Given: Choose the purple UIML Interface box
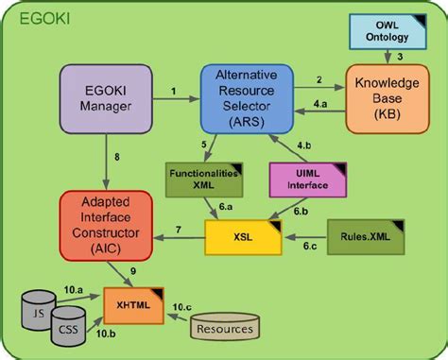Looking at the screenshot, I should point(301,180).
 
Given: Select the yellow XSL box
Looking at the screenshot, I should point(244,238).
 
